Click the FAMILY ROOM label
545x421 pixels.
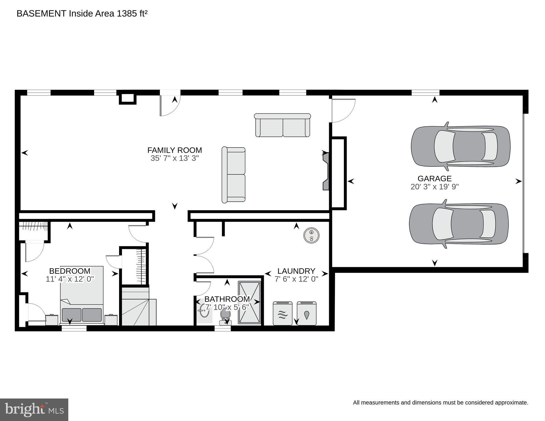coord(174,150)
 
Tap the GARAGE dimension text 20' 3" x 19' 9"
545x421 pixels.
coord(434,187)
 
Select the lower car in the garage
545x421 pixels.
coord(459,224)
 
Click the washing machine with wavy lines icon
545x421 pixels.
coord(283,313)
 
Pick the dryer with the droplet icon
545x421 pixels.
coord(307,313)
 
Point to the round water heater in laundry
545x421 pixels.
coord(311,235)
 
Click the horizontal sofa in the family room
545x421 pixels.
coord(283,126)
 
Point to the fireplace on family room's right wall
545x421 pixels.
coord(326,171)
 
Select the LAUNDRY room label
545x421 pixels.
coord(296,271)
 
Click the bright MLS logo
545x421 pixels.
coord(34,410)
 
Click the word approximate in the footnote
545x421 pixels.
coord(513,403)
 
